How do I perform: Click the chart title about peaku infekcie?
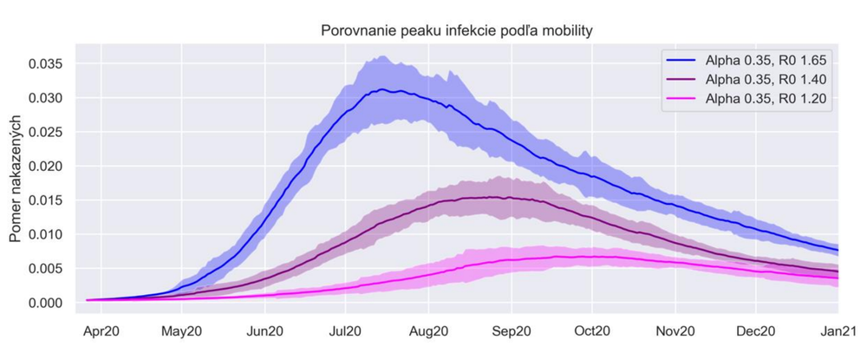pyautogui.click(x=456, y=31)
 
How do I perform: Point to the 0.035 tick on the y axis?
pyautogui.click(x=45, y=63)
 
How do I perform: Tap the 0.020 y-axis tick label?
pyautogui.click(x=45, y=166)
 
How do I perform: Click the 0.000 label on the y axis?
pyautogui.click(x=45, y=303)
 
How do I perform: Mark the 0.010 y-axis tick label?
pyautogui.click(x=45, y=234)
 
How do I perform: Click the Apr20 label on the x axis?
pyautogui.click(x=101, y=331)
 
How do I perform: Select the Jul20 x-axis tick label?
pyautogui.click(x=345, y=331)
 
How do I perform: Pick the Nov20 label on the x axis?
pyautogui.click(x=675, y=331)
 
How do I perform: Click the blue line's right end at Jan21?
pyautogui.click(x=838, y=250)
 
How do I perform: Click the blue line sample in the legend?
pyautogui.click(x=684, y=60)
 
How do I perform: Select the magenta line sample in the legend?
pyautogui.click(x=684, y=100)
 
